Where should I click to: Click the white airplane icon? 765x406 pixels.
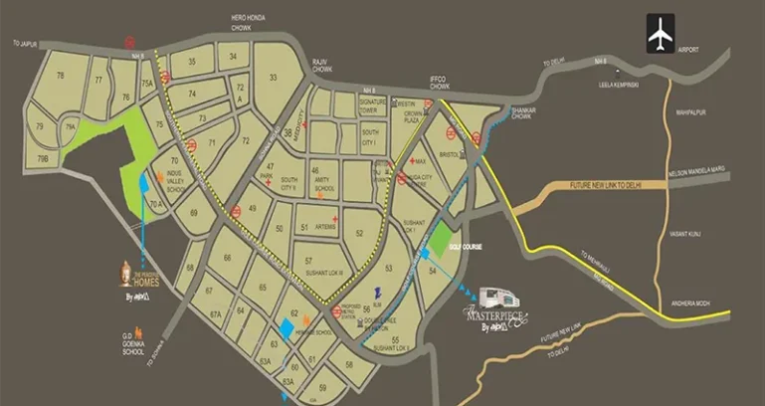pos(659,33)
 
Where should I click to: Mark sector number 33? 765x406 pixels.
pos(272,77)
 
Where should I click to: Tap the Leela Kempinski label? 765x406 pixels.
pos(638,86)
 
